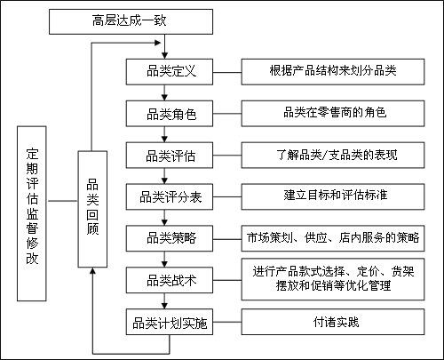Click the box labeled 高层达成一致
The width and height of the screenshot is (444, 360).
pos(131,20)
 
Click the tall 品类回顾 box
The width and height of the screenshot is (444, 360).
pos(92,208)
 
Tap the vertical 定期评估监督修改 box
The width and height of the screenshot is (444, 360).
pos(33,208)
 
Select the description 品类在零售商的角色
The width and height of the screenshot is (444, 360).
pos(334,113)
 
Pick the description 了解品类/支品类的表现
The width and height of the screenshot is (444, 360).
pos(334,155)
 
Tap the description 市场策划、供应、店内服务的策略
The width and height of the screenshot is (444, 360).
pos(334,238)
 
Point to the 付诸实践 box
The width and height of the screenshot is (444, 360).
pos(334,322)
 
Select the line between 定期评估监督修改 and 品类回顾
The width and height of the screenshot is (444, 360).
pos(64,201)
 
